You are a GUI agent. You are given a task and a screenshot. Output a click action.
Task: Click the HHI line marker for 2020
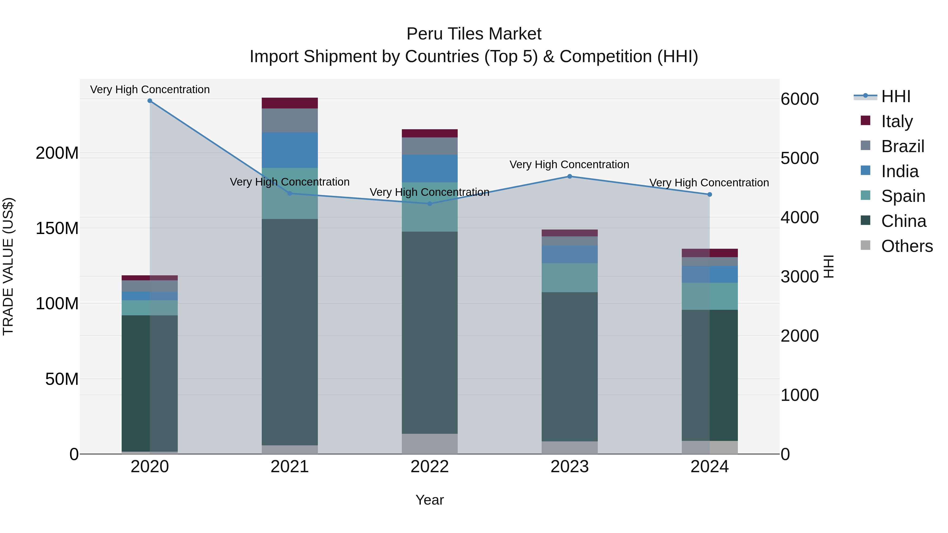coord(150,101)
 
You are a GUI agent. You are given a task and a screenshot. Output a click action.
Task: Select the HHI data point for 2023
coord(569,177)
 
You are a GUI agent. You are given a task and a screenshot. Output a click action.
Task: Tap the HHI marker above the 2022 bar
coord(429,203)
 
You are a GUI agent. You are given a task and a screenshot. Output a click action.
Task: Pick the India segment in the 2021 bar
coord(290,150)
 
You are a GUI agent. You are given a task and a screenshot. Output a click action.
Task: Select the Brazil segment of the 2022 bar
coord(429,146)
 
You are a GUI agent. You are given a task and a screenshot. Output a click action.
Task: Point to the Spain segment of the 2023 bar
coord(569,278)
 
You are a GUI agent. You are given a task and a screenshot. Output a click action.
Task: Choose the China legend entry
coord(903,221)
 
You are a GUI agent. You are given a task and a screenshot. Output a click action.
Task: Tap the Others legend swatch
coord(866,245)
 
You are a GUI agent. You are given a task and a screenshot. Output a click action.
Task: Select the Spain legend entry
coord(903,196)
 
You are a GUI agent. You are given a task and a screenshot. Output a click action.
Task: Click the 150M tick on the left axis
coord(57,228)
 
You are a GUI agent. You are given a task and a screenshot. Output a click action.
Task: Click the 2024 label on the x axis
coord(709,467)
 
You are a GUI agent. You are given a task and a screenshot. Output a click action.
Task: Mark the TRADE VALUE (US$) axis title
coord(8,266)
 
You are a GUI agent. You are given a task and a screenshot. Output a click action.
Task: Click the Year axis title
coord(429,500)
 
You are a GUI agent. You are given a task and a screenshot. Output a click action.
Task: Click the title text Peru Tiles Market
coord(474,34)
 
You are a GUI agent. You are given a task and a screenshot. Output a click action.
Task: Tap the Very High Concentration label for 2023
coord(569,165)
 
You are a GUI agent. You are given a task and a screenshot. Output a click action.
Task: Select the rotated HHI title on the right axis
coord(828,266)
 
